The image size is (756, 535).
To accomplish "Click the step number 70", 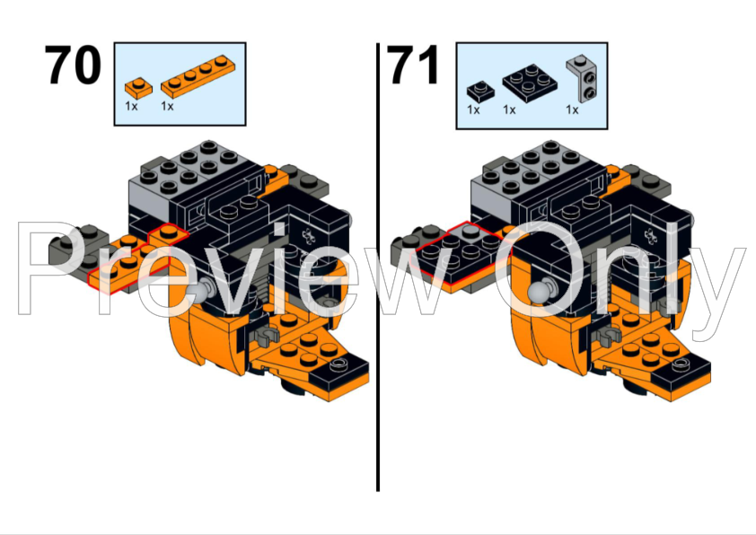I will coord(75,66).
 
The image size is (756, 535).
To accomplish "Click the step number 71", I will coord(414,66).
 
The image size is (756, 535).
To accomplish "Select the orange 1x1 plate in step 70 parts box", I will coord(138,87).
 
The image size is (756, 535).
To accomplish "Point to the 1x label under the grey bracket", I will coord(571,110).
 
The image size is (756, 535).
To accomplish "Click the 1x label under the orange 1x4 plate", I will coord(167,106).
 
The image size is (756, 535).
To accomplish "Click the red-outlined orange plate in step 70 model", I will coord(135,258).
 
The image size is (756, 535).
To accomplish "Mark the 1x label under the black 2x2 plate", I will coord(509,110).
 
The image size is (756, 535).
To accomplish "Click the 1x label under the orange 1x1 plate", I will coord(131,106).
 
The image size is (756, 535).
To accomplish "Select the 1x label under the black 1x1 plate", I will coord(473,110).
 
